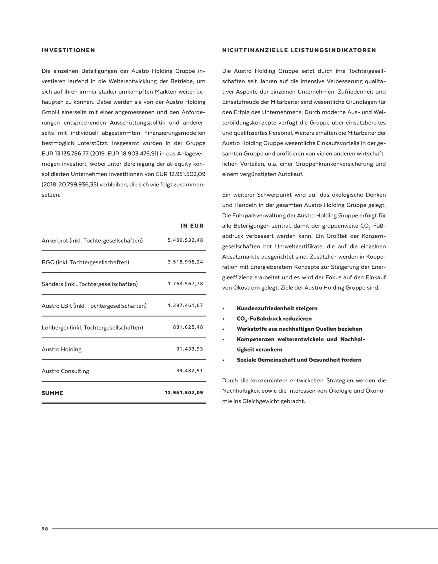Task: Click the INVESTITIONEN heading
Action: tap(68, 50)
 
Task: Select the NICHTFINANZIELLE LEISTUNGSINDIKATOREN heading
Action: tap(299, 50)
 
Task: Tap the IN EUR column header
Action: tap(192, 226)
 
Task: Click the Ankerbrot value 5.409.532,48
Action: tap(185, 240)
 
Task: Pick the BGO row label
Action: tap(85, 262)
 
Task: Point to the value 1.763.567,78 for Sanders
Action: tap(185, 284)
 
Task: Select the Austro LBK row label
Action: tap(94, 306)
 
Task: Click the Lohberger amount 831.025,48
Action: tap(188, 327)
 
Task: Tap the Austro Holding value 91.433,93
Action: tap(190, 349)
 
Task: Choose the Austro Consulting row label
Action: tap(65, 371)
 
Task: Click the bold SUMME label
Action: tap(52, 393)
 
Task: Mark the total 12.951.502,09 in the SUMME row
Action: tap(184, 393)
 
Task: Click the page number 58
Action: tap(45, 529)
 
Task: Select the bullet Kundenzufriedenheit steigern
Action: tap(277, 308)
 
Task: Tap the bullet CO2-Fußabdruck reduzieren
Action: tap(274, 319)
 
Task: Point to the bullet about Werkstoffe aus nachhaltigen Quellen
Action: tap(299, 329)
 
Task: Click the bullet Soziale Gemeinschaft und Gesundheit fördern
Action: tap(299, 360)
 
